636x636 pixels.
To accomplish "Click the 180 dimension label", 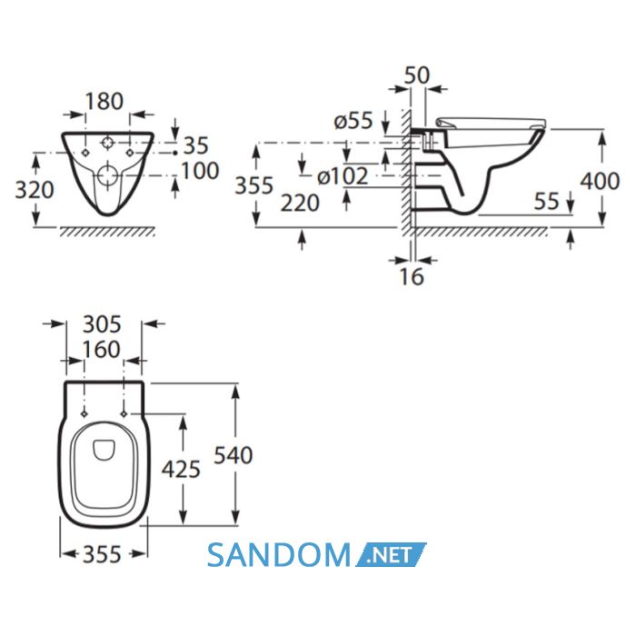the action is click(104, 102).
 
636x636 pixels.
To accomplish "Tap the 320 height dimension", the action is click(35, 190).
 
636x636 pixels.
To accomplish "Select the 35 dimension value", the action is click(196, 145).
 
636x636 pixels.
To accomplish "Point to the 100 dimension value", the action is click(200, 171).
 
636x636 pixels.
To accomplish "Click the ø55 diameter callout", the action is click(353, 121).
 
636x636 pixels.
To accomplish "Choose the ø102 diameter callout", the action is click(343, 176).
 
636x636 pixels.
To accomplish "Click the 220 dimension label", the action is click(300, 204).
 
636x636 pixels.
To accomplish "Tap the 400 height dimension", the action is click(600, 181).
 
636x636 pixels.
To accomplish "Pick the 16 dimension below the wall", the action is click(412, 276).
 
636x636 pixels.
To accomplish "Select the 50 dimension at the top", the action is click(417, 75).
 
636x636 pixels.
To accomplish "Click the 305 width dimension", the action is click(102, 324).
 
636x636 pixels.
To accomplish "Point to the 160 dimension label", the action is click(102, 349).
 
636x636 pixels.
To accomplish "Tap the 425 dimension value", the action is click(181, 470).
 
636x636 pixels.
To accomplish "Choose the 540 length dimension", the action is click(234, 455).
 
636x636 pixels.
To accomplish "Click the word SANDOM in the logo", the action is click(279, 555).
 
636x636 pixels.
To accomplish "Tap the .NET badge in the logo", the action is click(391, 554).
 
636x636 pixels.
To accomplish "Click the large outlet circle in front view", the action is click(107, 176).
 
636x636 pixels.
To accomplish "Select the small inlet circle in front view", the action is click(107, 143).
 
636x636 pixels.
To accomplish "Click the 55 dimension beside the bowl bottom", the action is click(547, 201).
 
